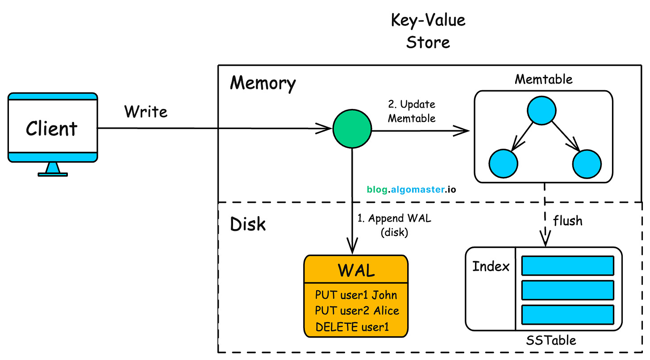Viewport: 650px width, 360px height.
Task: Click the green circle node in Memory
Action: coord(352,130)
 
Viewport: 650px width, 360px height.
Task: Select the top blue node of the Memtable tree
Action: coord(542,110)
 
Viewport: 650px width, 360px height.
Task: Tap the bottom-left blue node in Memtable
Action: coord(503,164)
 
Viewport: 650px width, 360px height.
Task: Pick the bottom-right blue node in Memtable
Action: coord(587,164)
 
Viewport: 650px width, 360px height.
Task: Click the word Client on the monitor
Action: coord(52,129)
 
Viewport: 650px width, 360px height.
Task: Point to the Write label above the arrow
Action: coord(146,111)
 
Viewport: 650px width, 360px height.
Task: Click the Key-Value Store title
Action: coord(428,31)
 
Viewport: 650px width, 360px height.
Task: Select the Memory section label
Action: coord(262,84)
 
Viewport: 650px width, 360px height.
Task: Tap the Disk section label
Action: coord(248,224)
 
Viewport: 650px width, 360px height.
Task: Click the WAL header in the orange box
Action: coord(356,270)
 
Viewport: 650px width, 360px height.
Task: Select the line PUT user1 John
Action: coord(356,295)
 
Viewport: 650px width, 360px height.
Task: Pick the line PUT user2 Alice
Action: coord(357,310)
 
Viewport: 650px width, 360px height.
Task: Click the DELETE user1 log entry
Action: coord(352,327)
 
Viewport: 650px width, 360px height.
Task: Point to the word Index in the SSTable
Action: coord(491,267)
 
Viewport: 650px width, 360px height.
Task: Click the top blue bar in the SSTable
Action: coord(567,266)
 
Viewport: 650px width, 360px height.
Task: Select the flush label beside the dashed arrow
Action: coord(567,221)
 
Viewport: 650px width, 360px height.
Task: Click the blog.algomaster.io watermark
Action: coord(411,189)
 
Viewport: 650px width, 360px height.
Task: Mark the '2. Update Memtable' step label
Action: coord(411,112)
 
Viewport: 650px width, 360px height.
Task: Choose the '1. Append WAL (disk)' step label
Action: coord(394,226)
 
